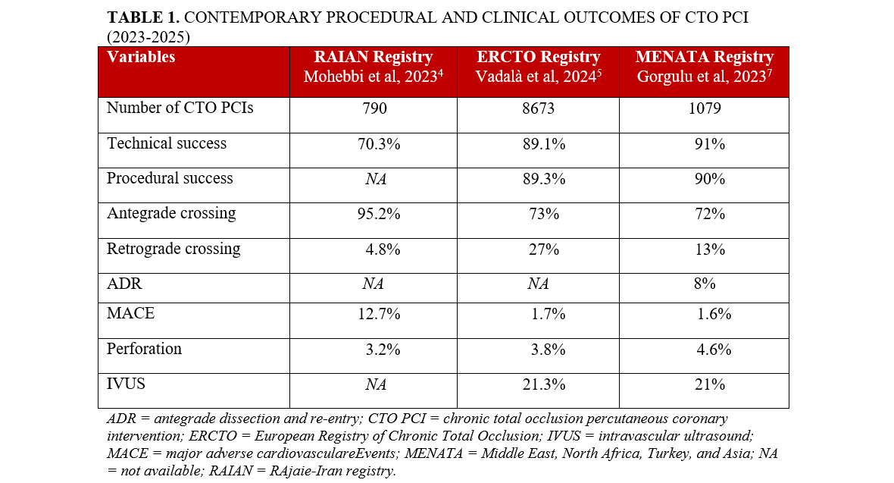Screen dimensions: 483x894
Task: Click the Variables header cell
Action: tap(141, 58)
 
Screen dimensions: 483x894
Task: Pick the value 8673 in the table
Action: tap(538, 108)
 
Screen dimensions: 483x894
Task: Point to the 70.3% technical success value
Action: tap(374, 144)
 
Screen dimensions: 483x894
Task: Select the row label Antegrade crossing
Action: tap(171, 214)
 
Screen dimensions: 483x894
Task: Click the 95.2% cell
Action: tap(374, 215)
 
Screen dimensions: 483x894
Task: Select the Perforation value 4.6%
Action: tap(714, 350)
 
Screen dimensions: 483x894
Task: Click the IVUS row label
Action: tap(126, 384)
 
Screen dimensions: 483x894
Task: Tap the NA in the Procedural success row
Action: tap(374, 180)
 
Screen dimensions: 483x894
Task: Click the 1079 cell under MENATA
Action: tap(704, 108)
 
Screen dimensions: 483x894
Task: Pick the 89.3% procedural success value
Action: tap(538, 180)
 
